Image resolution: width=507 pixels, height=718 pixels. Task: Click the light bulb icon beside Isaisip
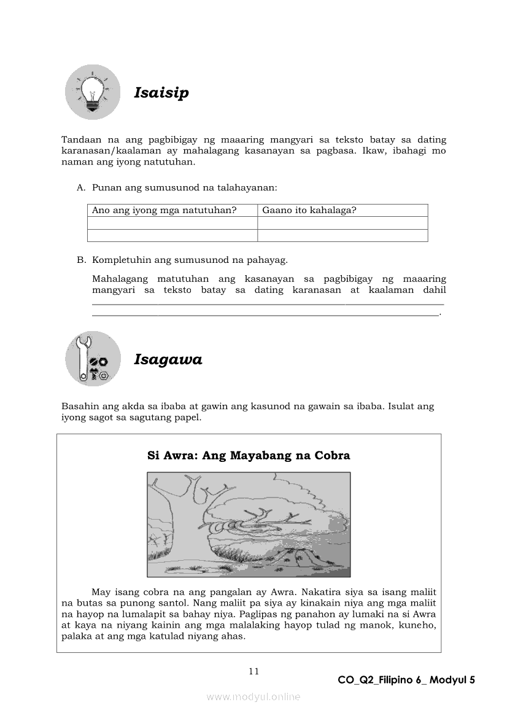(x=93, y=93)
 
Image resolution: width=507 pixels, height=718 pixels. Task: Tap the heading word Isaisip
(x=161, y=93)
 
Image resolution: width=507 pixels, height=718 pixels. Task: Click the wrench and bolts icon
(x=93, y=359)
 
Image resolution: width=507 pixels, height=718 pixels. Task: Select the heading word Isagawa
(x=168, y=360)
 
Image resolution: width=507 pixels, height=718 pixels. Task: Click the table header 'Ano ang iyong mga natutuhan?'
(x=164, y=210)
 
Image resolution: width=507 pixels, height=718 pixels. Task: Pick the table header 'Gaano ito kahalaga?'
(x=309, y=210)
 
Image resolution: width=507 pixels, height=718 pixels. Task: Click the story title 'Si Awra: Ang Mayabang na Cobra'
(x=249, y=456)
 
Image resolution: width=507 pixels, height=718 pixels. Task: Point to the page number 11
(x=254, y=671)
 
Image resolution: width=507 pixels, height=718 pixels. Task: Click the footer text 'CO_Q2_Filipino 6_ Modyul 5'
(x=406, y=680)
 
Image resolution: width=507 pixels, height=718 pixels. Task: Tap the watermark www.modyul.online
(x=253, y=697)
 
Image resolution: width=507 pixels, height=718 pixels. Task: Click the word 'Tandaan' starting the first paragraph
(x=80, y=140)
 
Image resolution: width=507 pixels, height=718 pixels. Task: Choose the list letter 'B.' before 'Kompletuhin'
(x=81, y=260)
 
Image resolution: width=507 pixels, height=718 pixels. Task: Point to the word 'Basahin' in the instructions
(x=79, y=407)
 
